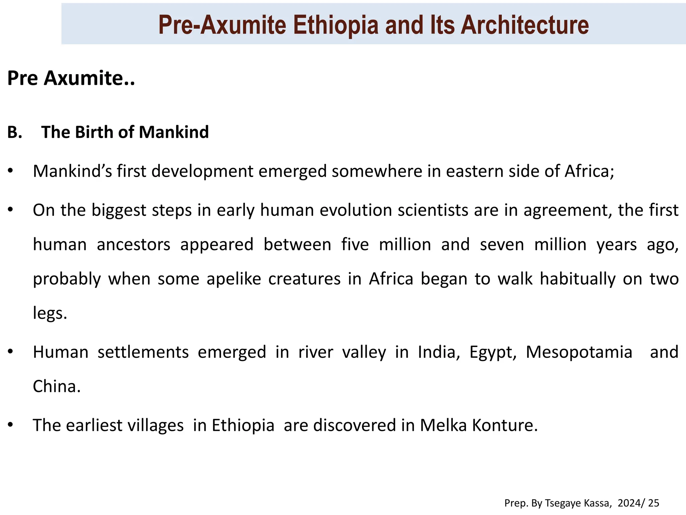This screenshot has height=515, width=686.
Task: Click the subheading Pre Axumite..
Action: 71,78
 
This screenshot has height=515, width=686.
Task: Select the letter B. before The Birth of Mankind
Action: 14,132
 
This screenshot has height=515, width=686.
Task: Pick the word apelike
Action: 233,279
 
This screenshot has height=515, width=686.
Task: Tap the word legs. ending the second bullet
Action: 50,313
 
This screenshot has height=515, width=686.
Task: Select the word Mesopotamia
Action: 579,352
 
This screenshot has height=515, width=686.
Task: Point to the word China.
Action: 57,387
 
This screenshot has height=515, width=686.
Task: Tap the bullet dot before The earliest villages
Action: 11,425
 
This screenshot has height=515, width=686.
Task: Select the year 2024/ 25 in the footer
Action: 638,503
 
